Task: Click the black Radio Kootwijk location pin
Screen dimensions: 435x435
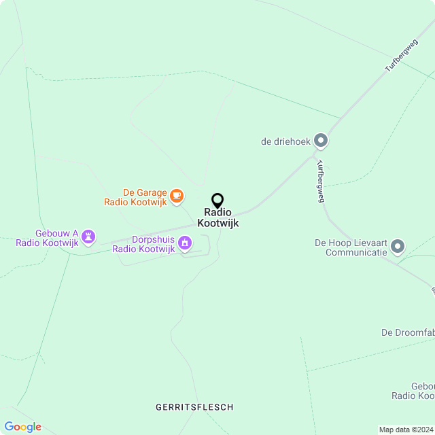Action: coord(217,201)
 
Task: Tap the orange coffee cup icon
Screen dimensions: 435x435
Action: coord(177,196)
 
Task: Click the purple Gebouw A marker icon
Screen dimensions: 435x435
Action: coord(88,237)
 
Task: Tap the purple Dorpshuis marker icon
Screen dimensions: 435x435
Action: coord(184,243)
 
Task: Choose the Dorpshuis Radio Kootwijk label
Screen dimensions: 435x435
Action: coord(143,244)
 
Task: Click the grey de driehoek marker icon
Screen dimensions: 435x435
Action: coord(321,141)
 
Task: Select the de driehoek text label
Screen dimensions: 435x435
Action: coord(285,142)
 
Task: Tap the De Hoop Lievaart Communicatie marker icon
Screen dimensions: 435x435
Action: coord(398,246)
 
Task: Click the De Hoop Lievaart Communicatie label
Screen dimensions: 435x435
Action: coord(351,247)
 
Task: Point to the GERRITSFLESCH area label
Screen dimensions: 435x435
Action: coord(194,407)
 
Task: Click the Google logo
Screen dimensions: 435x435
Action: coord(22,427)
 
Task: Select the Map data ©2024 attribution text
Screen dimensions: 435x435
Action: coord(405,430)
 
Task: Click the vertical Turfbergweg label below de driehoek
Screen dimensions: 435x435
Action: coord(320,181)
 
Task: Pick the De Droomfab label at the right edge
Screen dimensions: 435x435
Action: coord(407,332)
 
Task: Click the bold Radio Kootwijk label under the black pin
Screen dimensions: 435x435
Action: coord(217,217)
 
